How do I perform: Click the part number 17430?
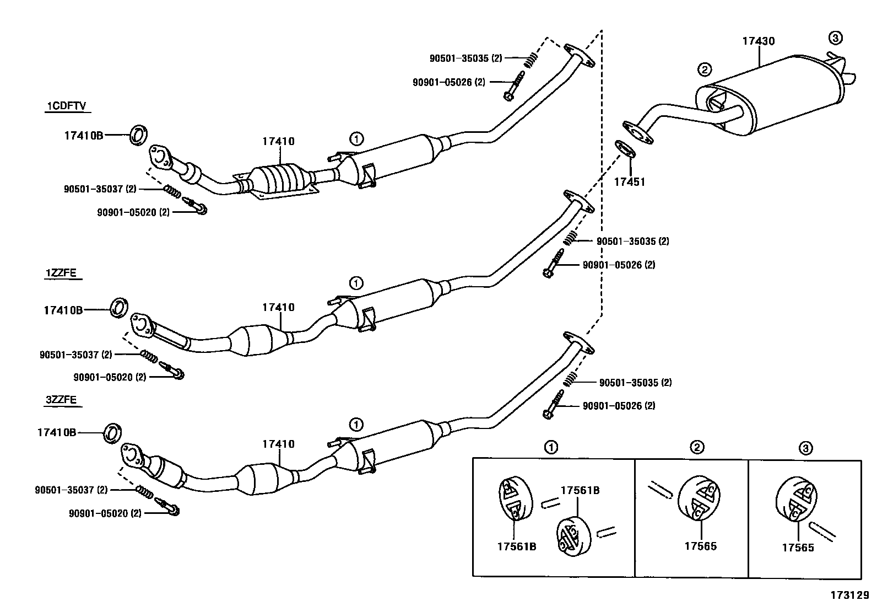click(x=758, y=41)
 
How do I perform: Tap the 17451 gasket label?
click(x=629, y=181)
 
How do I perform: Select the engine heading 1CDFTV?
click(x=66, y=106)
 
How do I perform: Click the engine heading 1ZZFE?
click(x=61, y=272)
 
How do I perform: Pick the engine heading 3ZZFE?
click(x=61, y=400)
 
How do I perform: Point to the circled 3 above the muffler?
click(x=835, y=38)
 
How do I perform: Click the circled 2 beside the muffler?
click(x=704, y=69)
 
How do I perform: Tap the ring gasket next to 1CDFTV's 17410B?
click(x=139, y=135)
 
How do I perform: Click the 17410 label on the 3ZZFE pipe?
click(x=278, y=444)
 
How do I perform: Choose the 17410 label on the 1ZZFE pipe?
click(x=278, y=308)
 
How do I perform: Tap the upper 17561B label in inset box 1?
click(x=580, y=490)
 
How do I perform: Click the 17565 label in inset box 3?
click(x=798, y=548)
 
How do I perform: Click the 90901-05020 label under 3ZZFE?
click(x=105, y=513)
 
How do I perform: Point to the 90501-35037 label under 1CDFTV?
click(x=100, y=189)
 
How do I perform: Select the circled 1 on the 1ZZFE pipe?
click(x=356, y=283)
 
